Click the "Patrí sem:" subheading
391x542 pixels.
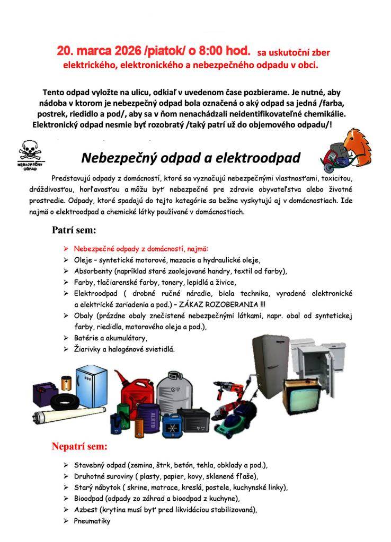click(74, 230)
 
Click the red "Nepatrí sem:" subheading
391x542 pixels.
click(79, 446)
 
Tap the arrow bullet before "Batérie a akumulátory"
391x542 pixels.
click(65, 338)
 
